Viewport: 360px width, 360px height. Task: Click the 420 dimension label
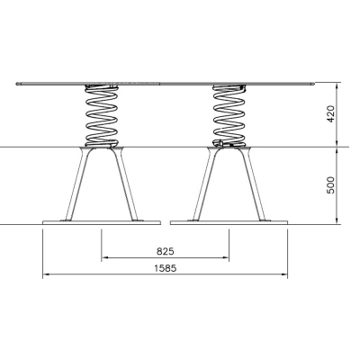click(x=330, y=113)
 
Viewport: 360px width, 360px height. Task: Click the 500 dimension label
click(x=330, y=185)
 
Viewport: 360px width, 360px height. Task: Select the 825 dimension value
click(x=166, y=251)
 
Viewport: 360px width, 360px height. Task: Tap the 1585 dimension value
click(x=166, y=268)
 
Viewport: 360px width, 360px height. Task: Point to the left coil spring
click(x=102, y=116)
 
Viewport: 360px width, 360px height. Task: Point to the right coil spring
click(x=229, y=116)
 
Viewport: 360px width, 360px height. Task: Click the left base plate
click(x=102, y=222)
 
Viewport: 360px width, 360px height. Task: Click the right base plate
click(x=229, y=222)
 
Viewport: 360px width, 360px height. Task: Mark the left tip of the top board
click(x=16, y=84)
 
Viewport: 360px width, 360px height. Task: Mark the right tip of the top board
click(x=315, y=84)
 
